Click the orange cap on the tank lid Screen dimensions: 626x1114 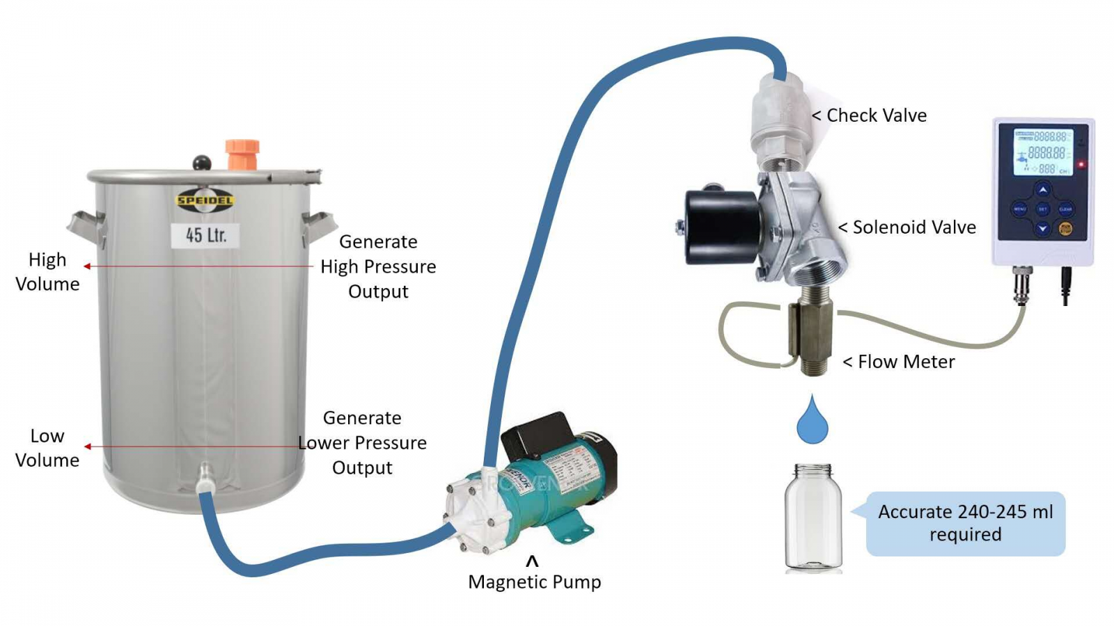pyautogui.click(x=242, y=154)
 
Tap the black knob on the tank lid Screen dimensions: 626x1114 pyautogui.click(x=202, y=163)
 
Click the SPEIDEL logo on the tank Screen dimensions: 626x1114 pyautogui.click(x=205, y=201)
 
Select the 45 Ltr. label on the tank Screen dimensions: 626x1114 pyautogui.click(x=205, y=235)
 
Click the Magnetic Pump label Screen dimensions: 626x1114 pyautogui.click(x=534, y=581)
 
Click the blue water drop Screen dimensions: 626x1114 pyautogui.click(x=812, y=422)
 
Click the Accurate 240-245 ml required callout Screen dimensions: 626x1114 pyautogui.click(x=965, y=523)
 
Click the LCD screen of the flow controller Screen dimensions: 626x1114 pyautogui.click(x=1043, y=152)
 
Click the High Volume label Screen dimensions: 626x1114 pyautogui.click(x=47, y=271)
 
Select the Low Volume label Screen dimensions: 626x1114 pyautogui.click(x=47, y=447)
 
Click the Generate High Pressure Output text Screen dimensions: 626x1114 pyautogui.click(x=378, y=266)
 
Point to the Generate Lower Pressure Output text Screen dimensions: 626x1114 pyautogui.click(x=362, y=442)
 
